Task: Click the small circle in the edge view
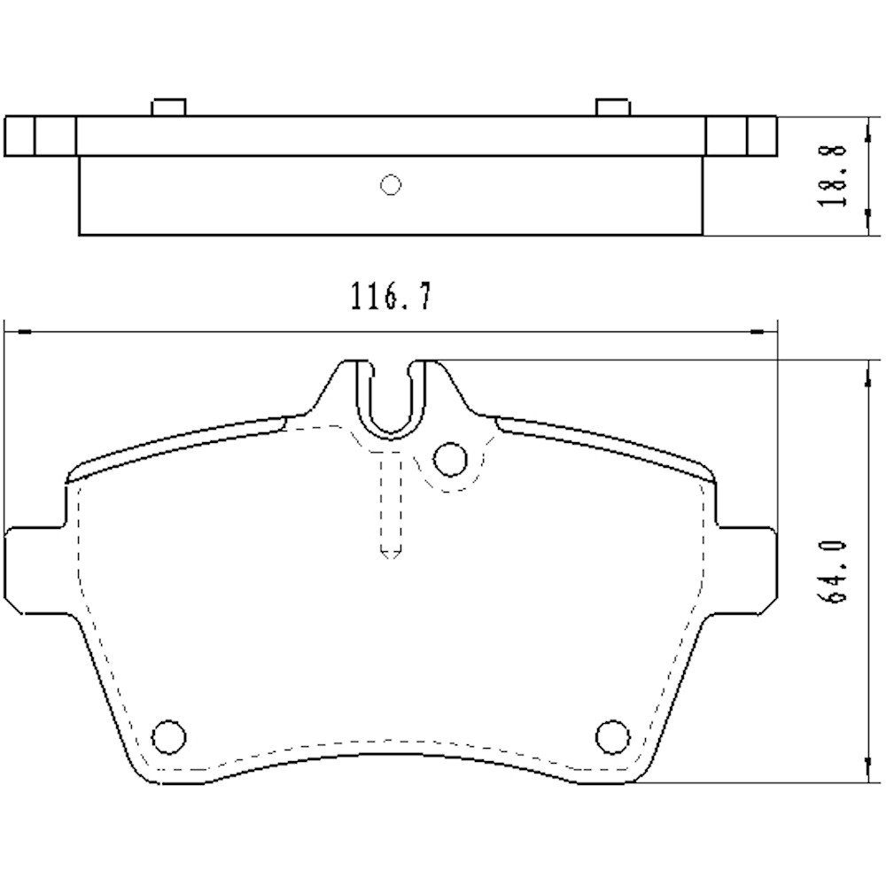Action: pyautogui.click(x=390, y=184)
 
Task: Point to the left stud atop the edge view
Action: pyautogui.click(x=167, y=107)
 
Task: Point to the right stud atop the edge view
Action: pyautogui.click(x=612, y=107)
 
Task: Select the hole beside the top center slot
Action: pyautogui.click(x=451, y=459)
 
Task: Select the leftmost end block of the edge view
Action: pyautogui.click(x=19, y=136)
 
